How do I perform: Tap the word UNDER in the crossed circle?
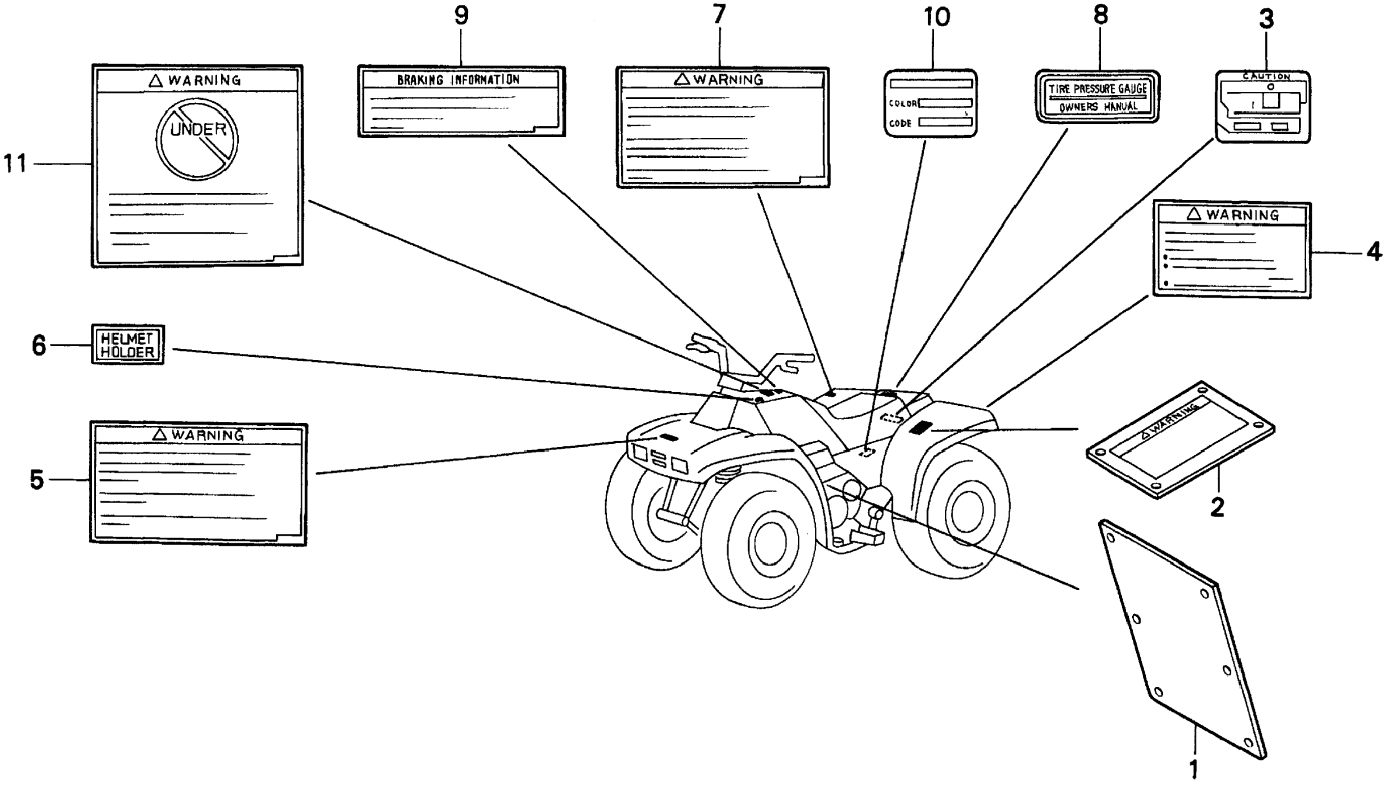tap(198, 130)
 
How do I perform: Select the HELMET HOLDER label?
tap(128, 345)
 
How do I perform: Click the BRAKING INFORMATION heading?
tap(458, 80)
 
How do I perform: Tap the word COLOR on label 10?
tap(902, 103)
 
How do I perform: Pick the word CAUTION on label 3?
tap(1266, 77)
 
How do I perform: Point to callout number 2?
tap(1218, 507)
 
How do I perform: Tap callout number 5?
tap(36, 480)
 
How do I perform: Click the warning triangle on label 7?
tap(681, 80)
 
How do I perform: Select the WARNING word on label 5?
tap(207, 435)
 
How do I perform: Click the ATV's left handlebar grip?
tap(699, 343)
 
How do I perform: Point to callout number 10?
tap(937, 17)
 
